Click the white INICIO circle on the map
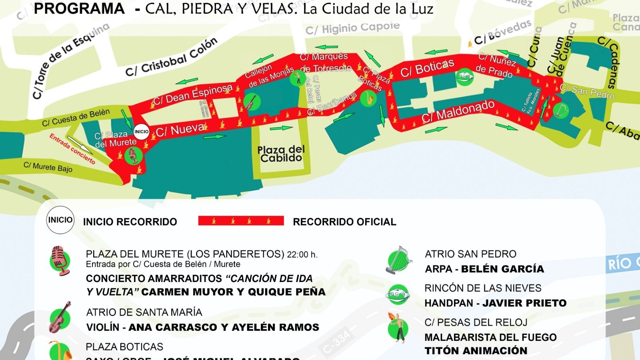coord(141,132)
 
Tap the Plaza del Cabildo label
coord(281,154)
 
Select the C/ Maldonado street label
coord(458,111)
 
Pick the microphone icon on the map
coord(133,155)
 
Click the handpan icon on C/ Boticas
coord(465,76)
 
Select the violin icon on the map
coord(251,102)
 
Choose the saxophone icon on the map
coord(368,98)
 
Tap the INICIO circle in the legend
coord(60,220)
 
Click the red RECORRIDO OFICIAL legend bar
coord(241,221)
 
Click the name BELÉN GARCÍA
coord(502,269)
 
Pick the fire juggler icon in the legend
coord(397,328)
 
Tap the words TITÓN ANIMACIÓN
coord(476,351)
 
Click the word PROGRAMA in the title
coord(79,9)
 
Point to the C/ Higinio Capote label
coord(352,28)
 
